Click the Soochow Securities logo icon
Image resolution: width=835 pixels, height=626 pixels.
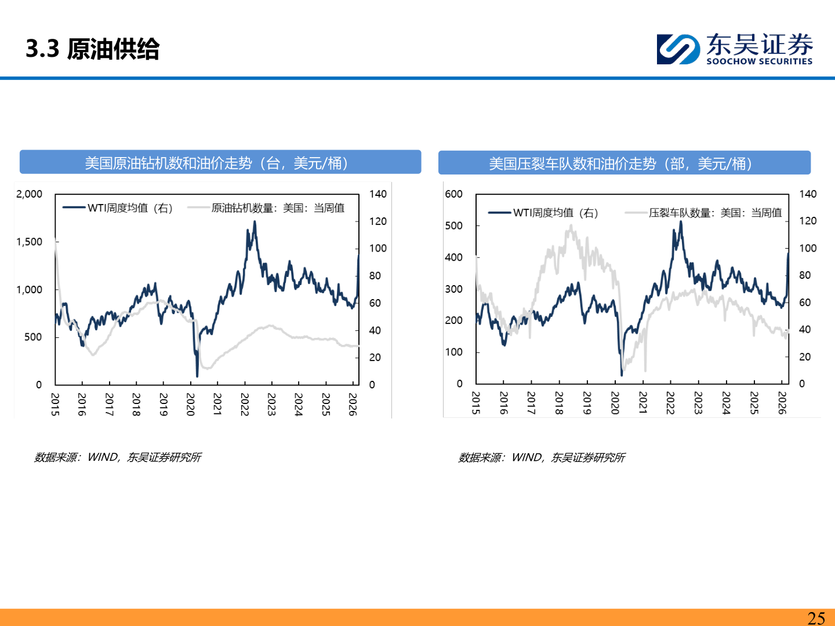pos(677,49)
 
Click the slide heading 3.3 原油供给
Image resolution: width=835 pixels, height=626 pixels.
pos(93,49)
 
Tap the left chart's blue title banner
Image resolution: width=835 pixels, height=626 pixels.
pos(220,162)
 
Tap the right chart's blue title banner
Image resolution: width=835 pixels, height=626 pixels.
pos(624,163)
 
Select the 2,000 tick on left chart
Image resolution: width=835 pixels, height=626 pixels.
pos(30,194)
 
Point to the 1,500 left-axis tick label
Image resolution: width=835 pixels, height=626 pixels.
pos(30,242)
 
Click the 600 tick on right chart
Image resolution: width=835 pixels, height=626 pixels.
pos(453,194)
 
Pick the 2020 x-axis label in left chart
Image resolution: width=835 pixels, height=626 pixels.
pos(190,404)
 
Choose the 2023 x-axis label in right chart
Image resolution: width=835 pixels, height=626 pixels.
pos(698,403)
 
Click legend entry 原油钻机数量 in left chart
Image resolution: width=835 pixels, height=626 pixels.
pos(277,208)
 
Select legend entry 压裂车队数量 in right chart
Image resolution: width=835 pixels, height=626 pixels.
pos(714,213)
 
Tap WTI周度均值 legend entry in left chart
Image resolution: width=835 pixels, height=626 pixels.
pos(129,208)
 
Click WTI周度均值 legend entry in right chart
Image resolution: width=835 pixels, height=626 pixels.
pos(555,213)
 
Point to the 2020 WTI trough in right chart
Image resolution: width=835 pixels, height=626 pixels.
pos(621,374)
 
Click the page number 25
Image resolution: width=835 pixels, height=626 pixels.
pos(816,618)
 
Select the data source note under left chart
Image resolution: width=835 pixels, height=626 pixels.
pos(118,457)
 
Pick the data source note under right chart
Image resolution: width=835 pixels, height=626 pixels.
pos(542,457)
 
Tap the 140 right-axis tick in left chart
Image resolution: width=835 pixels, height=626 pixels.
pos(378,194)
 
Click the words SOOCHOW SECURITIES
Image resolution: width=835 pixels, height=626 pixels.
pos(759,61)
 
